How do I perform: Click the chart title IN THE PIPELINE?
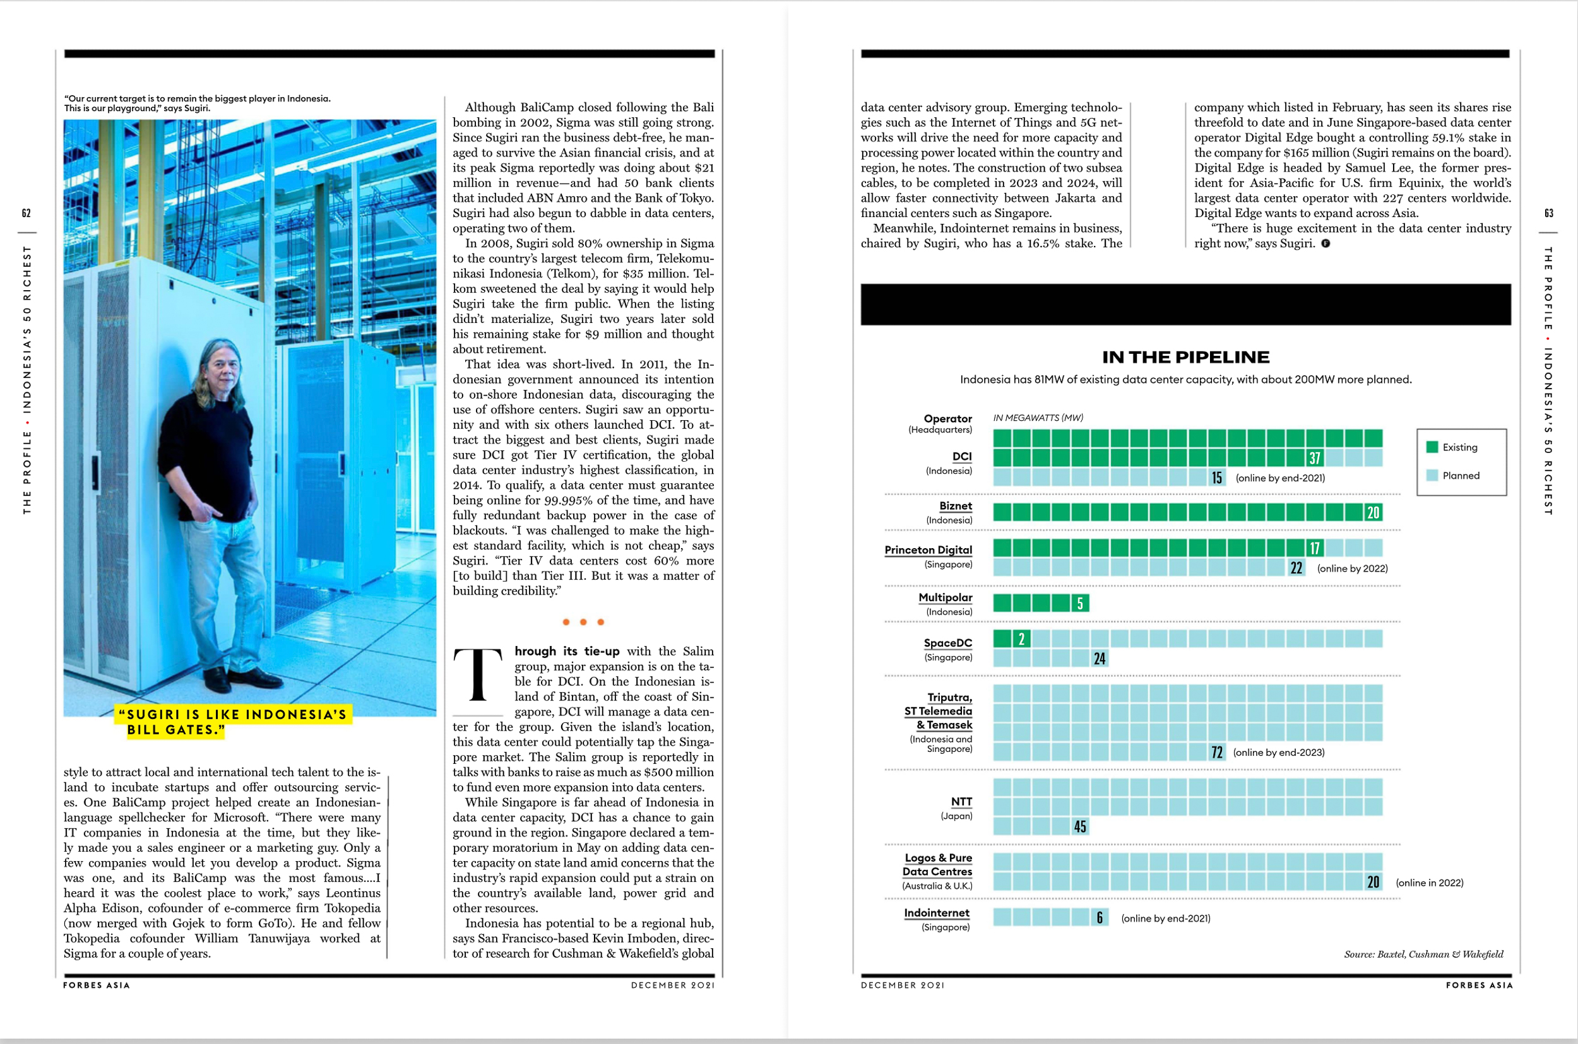[x=1185, y=358]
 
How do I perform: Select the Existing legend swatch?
[x=1432, y=447]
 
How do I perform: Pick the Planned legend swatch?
[x=1432, y=476]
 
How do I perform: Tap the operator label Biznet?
[x=955, y=506]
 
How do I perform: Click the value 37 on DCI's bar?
[x=1314, y=458]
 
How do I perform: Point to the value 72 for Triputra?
[x=1216, y=753]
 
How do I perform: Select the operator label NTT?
[x=961, y=802]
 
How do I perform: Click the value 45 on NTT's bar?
[x=1080, y=827]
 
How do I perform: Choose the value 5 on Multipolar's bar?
[x=1080, y=603]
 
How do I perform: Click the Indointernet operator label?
[x=937, y=913]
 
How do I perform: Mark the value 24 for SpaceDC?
[x=1099, y=659]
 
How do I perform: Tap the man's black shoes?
[x=240, y=679]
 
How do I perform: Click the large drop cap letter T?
[x=478, y=674]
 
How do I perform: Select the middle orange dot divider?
[x=583, y=622]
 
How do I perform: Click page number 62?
[x=26, y=213]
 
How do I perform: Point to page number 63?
[x=1549, y=213]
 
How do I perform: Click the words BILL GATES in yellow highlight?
[x=174, y=730]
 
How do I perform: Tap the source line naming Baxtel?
[x=1423, y=954]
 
